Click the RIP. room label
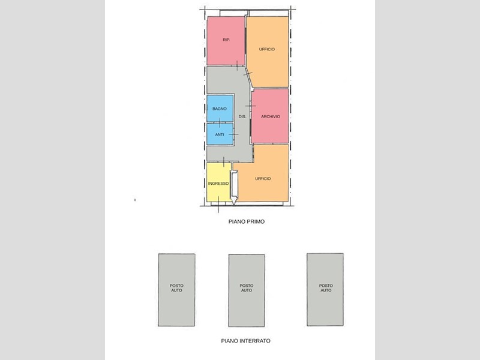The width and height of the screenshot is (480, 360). click(226, 40)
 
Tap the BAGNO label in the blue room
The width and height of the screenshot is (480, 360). click(220, 109)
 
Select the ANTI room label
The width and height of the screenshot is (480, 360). click(220, 134)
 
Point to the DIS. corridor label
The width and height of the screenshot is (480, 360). click(242, 116)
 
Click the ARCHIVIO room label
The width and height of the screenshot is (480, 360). click(271, 116)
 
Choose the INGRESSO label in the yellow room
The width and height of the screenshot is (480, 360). click(218, 184)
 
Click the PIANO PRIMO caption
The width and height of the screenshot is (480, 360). click(247, 221)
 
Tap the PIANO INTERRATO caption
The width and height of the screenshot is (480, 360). click(246, 341)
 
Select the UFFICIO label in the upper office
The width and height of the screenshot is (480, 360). click(267, 49)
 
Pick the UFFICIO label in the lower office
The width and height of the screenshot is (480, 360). click(263, 178)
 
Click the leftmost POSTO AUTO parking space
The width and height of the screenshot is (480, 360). click(176, 290)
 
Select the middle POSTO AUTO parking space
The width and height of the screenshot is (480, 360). click(247, 290)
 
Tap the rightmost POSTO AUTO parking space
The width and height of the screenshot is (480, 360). click(325, 289)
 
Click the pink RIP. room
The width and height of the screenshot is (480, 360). click(226, 41)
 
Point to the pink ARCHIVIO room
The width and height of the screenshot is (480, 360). click(270, 116)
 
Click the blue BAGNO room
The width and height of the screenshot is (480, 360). click(220, 109)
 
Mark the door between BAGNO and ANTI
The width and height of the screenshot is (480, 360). click(220, 123)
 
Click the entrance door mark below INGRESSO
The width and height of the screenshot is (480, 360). click(218, 204)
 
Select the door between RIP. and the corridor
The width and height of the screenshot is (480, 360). click(237, 65)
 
